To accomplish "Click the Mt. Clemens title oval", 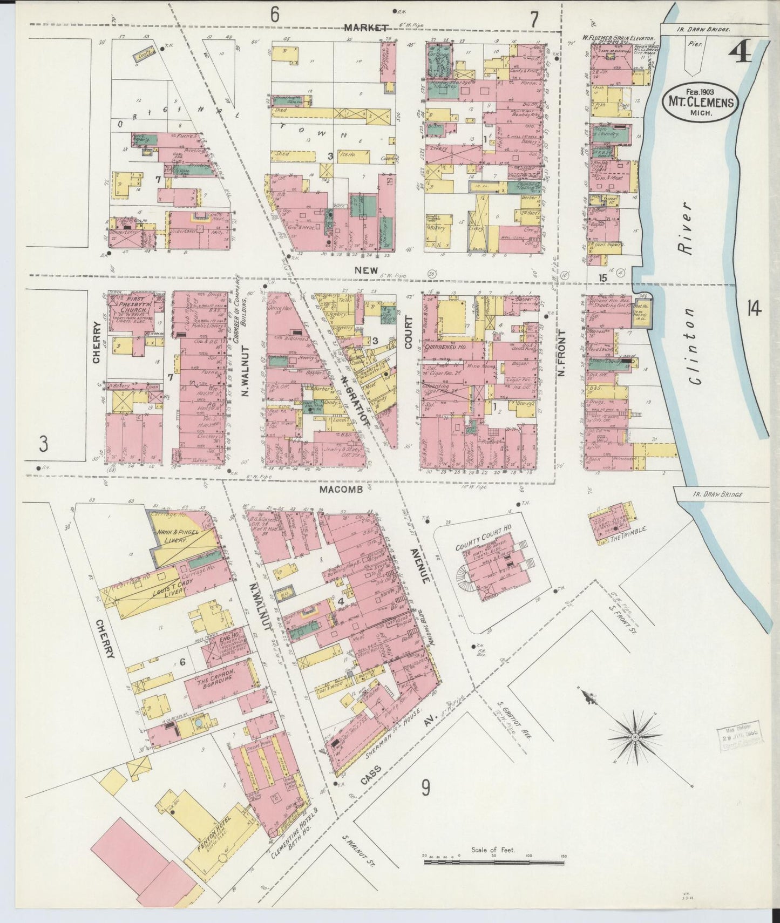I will pos(702,101).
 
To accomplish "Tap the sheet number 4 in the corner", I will pos(741,54).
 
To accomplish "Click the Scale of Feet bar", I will pos(493,863).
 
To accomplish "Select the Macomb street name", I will pos(340,490).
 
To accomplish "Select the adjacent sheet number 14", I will pos(754,309).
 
